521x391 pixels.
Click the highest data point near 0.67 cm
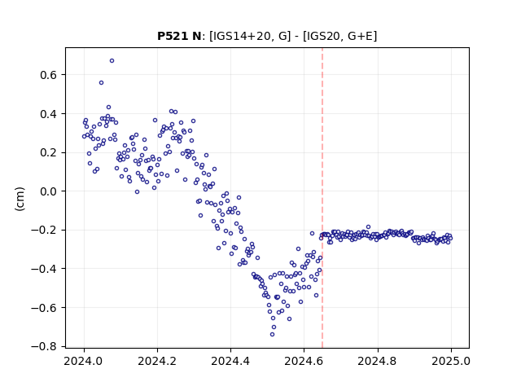tap(112, 61)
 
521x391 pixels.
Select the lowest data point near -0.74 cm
tap(272, 335)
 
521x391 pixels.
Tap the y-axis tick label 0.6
tap(49, 75)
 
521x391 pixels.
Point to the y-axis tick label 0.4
tap(49, 114)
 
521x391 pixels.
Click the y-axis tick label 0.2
tap(49, 153)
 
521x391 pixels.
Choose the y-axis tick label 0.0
tap(49, 191)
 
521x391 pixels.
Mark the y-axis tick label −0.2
tap(44, 231)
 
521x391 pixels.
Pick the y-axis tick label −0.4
tap(44, 269)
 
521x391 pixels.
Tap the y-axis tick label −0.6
tap(44, 308)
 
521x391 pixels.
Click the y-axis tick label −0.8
tap(44, 347)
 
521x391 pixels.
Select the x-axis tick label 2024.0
tap(84, 361)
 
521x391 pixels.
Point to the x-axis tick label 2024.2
tap(157, 361)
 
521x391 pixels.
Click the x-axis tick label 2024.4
tap(230, 361)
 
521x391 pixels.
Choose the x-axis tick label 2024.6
tap(304, 361)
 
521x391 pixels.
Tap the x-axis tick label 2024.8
tap(378, 361)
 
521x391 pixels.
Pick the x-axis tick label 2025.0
tap(451, 361)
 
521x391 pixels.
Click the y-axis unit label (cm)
tap(20, 199)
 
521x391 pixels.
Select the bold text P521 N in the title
tap(179, 36)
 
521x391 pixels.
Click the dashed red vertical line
tap(322, 198)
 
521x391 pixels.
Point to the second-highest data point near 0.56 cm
tap(101, 83)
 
